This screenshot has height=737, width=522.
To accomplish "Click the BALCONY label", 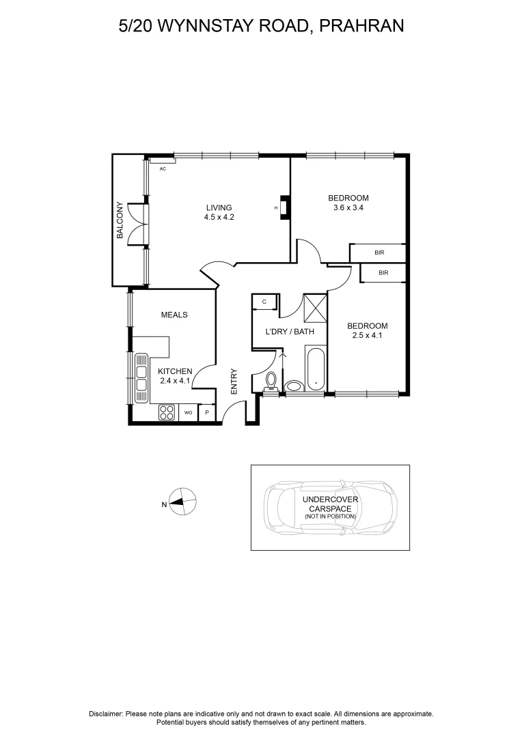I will coord(120,220).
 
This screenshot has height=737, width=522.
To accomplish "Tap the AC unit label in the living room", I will coord(163,169).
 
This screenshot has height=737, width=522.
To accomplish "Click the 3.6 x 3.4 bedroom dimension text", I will coord(348,207).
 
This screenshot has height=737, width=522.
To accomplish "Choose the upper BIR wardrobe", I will coord(379,252).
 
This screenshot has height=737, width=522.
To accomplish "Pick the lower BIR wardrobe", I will coord(383,273).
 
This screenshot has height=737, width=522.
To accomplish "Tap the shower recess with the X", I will coord(316,307).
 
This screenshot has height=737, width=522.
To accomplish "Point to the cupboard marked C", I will coord(264,302).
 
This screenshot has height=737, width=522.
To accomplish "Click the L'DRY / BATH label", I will coord(290,332).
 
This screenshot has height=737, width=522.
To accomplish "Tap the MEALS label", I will coord(174,315).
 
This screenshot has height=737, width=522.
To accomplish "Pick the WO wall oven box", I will coord(188,413).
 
